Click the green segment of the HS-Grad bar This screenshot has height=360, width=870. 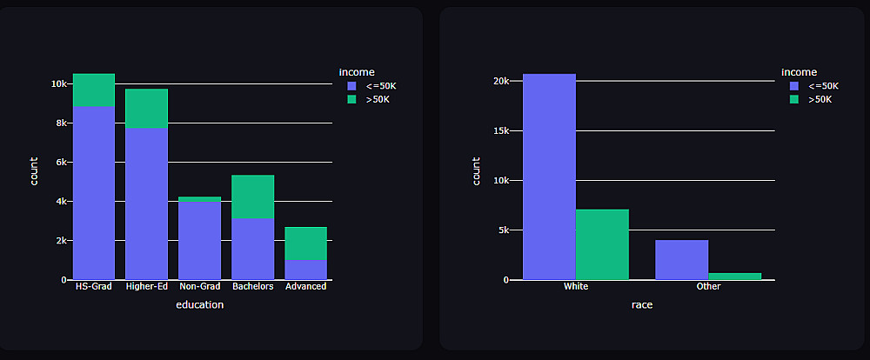[94, 90]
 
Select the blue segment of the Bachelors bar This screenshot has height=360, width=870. [252, 249]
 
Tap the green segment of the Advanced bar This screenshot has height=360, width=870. [305, 243]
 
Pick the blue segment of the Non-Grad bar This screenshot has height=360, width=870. [199, 240]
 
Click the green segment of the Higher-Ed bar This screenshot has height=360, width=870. [146, 109]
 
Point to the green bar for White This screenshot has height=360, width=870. [602, 244]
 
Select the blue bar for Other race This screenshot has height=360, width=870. [682, 260]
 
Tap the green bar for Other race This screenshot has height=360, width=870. [734, 277]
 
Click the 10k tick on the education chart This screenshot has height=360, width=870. [58, 84]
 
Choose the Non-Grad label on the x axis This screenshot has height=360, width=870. [199, 287]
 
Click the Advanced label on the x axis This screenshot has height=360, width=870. [305, 287]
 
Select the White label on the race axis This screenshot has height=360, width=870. [576, 287]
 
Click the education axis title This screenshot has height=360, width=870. [199, 305]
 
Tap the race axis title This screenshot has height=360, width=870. [642, 305]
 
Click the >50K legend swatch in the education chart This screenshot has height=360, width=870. [351, 100]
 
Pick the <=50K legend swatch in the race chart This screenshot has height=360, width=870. [794, 86]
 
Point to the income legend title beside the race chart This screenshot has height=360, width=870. [799, 72]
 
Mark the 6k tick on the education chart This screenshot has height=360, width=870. [60, 163]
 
